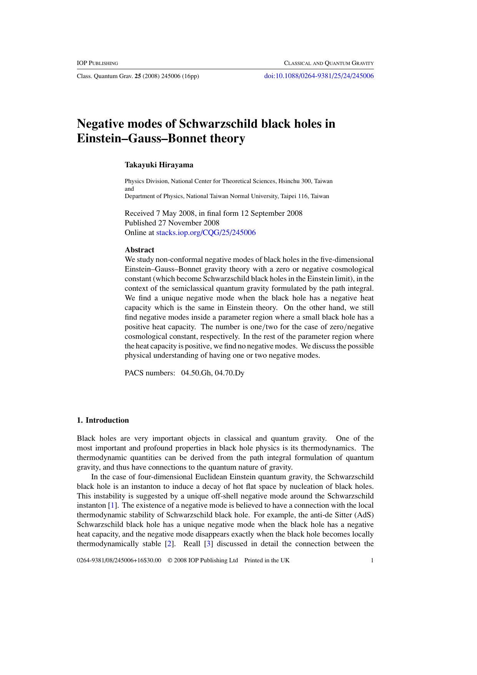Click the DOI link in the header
[x=319, y=76]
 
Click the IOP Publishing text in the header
[x=97, y=63]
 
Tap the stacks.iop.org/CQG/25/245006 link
[x=206, y=232]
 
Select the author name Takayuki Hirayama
[x=159, y=165]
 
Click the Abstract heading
[x=139, y=250]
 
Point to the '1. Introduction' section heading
[x=103, y=420]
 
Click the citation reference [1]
[x=113, y=505]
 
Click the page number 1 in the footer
[x=372, y=560]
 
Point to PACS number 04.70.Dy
[x=230, y=373]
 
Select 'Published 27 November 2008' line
[x=172, y=223]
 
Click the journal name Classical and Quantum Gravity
[x=329, y=63]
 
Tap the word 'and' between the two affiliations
[x=129, y=188]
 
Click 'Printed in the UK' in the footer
[x=267, y=560]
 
